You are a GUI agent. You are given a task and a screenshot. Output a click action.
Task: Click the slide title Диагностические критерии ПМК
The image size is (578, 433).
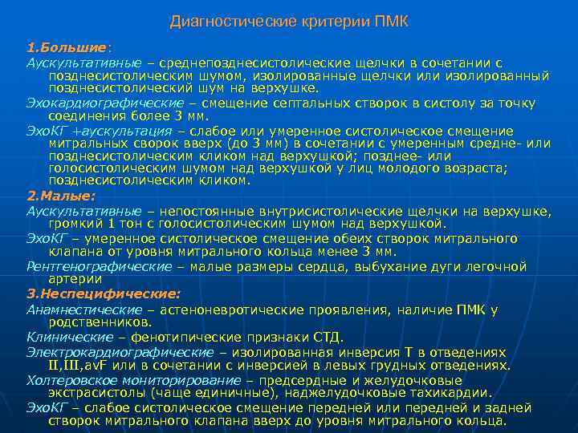tap(288, 22)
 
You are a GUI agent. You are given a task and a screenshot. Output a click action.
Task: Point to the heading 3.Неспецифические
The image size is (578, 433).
tap(103, 293)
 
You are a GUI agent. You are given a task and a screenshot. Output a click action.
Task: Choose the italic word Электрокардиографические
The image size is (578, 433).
tap(120, 352)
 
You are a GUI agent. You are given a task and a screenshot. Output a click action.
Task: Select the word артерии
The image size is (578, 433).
tap(75, 279)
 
